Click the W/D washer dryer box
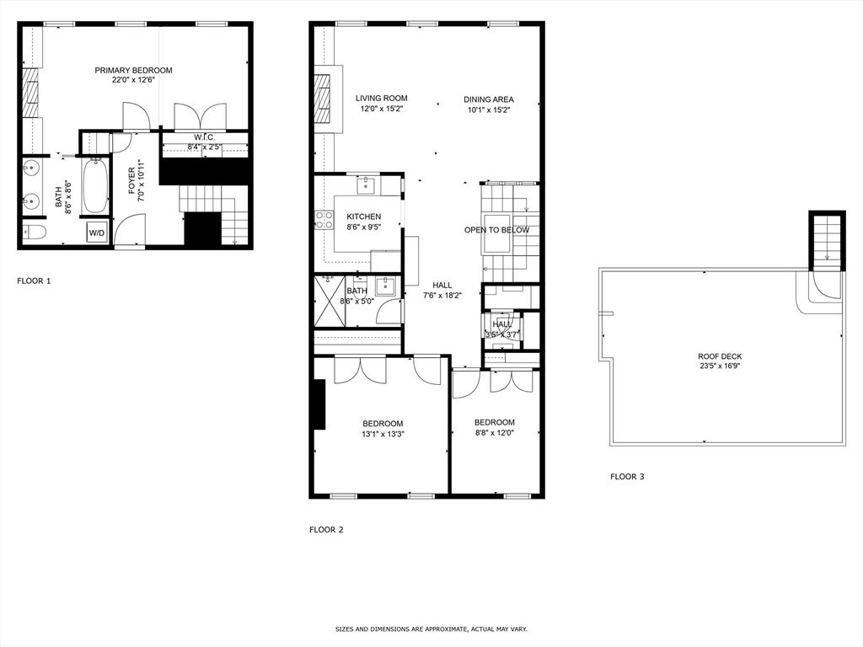pyautogui.click(x=97, y=233)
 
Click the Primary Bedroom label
pyautogui.click(x=133, y=71)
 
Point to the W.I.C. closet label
pyautogui.click(x=204, y=137)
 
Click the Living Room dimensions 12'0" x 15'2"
pyautogui.click(x=381, y=109)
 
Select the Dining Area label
pyautogui.click(x=489, y=99)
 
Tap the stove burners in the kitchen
pyautogui.click(x=324, y=220)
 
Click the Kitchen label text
pyautogui.click(x=364, y=217)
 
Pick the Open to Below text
pyautogui.click(x=496, y=230)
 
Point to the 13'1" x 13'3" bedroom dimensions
pyautogui.click(x=383, y=435)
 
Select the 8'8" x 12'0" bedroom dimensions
pyautogui.click(x=494, y=433)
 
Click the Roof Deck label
pyautogui.click(x=720, y=356)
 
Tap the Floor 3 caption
pyautogui.click(x=627, y=477)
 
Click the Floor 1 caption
pyautogui.click(x=34, y=281)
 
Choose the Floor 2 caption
pyautogui.click(x=326, y=530)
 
